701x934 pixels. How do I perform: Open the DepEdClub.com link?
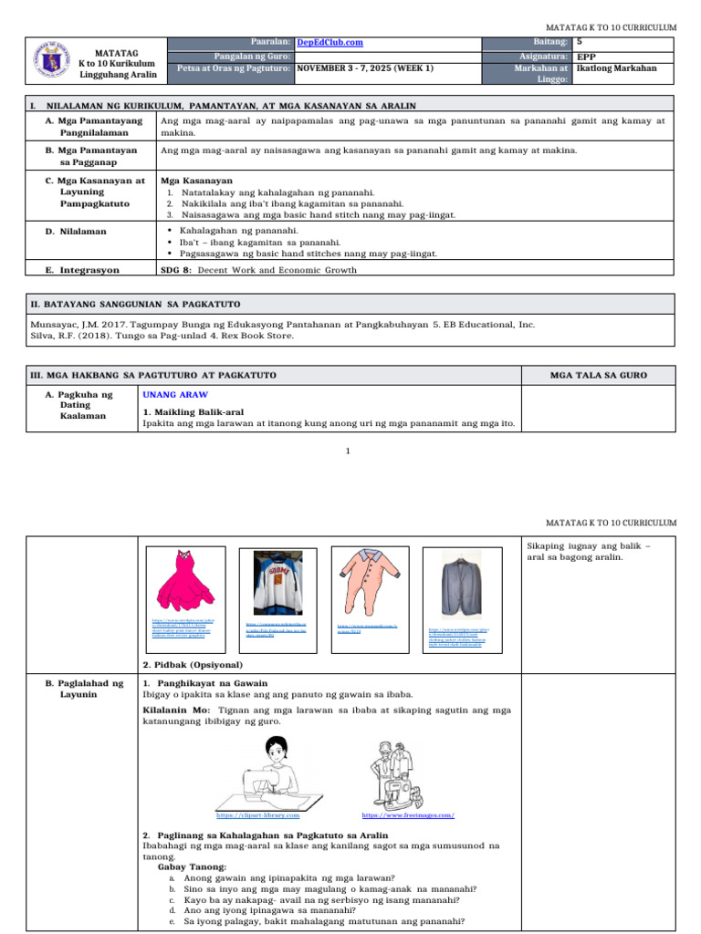click(330, 43)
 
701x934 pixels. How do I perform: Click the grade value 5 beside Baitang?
click(581, 42)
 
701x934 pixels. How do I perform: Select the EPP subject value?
click(587, 56)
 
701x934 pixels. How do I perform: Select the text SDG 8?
click(175, 270)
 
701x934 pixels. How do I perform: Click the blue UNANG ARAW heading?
click(175, 395)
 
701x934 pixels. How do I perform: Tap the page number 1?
click(349, 451)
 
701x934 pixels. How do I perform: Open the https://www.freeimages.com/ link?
click(408, 815)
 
